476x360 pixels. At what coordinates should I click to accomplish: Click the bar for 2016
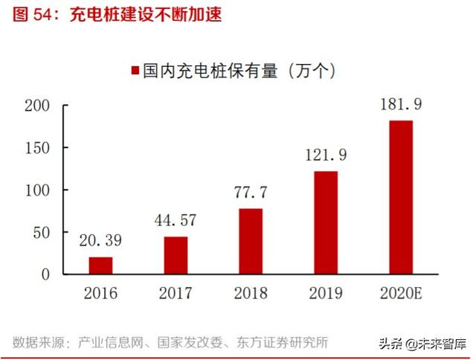click(x=100, y=266)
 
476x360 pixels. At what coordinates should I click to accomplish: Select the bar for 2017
click(x=176, y=255)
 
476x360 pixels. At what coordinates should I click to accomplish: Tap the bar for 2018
click(x=251, y=241)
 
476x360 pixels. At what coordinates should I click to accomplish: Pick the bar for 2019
click(x=325, y=222)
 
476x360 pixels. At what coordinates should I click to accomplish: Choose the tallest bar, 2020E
click(x=400, y=197)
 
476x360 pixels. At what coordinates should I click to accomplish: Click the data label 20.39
click(x=100, y=241)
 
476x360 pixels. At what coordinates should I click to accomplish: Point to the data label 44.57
click(x=176, y=221)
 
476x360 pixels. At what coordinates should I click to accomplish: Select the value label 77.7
click(x=251, y=193)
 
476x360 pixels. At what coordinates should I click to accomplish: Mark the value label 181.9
click(x=400, y=105)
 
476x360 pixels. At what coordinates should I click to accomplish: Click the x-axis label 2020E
click(x=400, y=292)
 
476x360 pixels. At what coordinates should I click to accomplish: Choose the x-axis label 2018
click(x=251, y=292)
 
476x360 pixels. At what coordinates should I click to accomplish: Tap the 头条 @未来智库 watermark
click(x=420, y=343)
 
